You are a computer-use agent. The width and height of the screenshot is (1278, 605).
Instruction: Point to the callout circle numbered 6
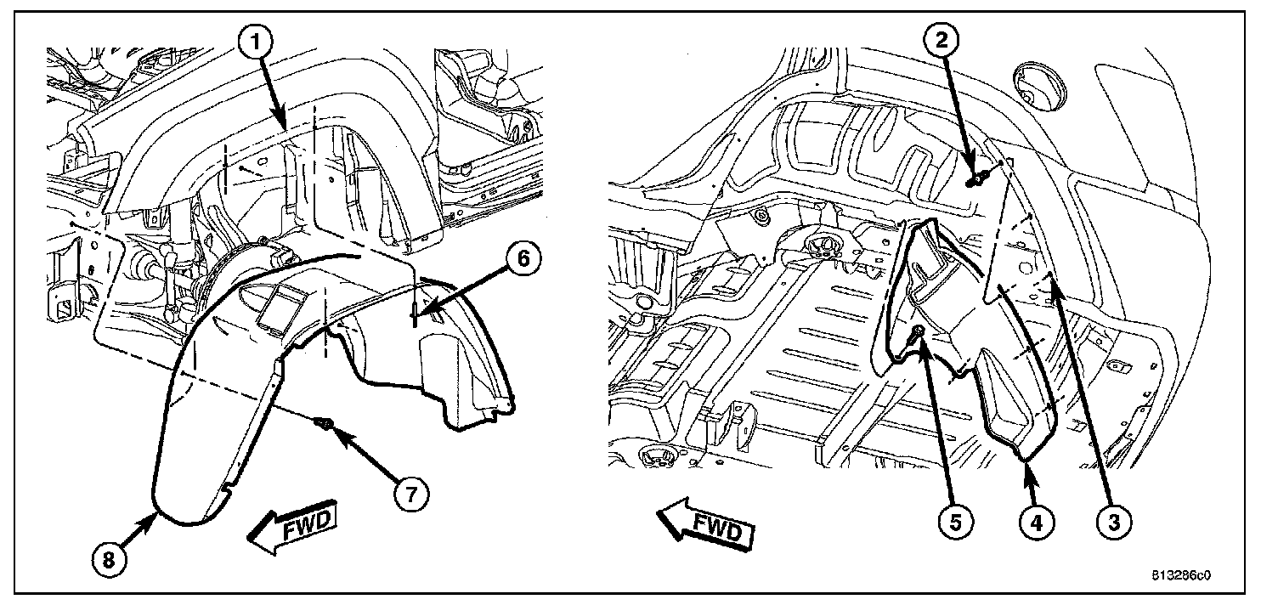pos(523,260)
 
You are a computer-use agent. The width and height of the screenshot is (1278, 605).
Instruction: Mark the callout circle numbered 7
pos(410,493)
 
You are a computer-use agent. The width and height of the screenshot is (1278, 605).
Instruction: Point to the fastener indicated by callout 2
pos(980,178)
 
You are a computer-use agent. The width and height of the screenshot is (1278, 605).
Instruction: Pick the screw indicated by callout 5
pos(918,332)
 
